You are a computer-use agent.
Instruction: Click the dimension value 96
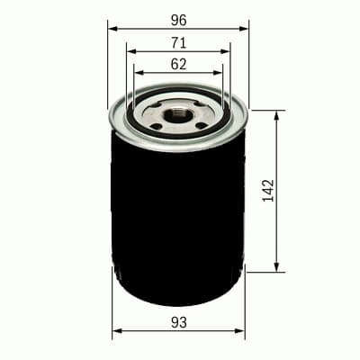[x=178, y=18]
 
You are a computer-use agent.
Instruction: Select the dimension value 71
[x=178, y=41]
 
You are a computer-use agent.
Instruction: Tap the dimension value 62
[x=178, y=64]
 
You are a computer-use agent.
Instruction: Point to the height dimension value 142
[x=268, y=191]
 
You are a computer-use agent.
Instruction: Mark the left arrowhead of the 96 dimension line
[x=112, y=29]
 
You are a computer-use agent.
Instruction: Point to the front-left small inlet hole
[x=157, y=124]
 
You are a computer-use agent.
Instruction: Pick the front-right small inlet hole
[x=200, y=124]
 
